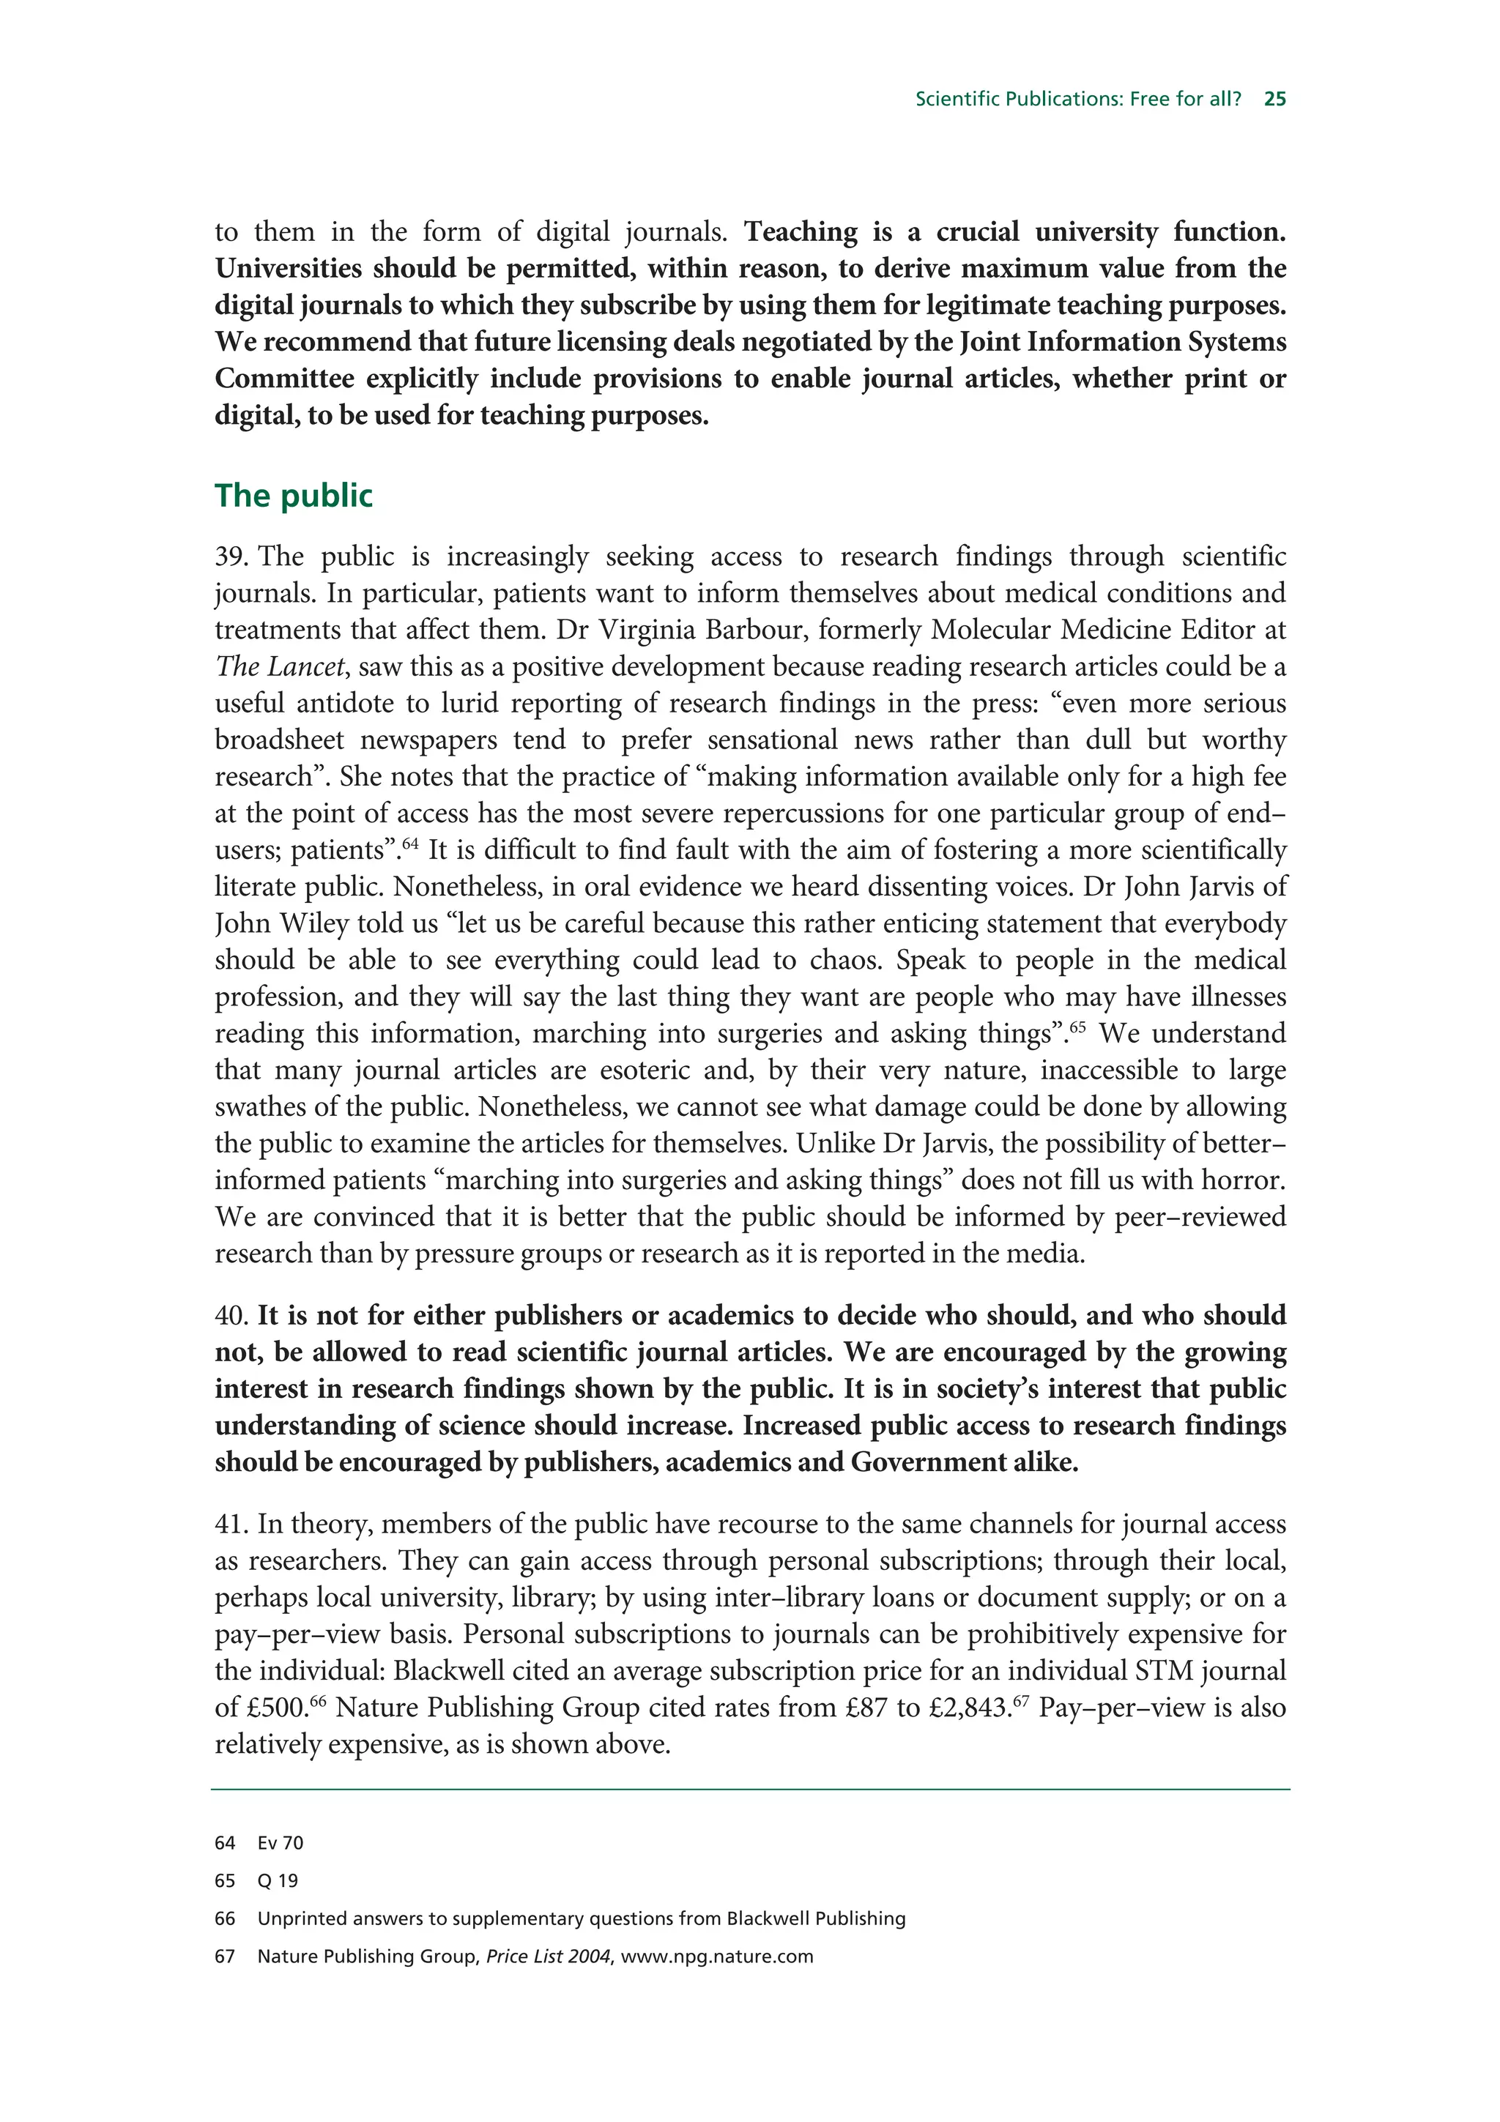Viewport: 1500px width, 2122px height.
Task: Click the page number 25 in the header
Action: (1274, 99)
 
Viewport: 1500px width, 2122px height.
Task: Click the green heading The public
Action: (293, 496)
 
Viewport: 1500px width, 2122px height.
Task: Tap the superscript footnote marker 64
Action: (410, 844)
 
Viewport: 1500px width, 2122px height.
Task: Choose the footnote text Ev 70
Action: (280, 1843)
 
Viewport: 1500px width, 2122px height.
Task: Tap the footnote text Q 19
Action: (278, 1881)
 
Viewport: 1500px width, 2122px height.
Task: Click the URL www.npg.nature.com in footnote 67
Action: (717, 1957)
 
